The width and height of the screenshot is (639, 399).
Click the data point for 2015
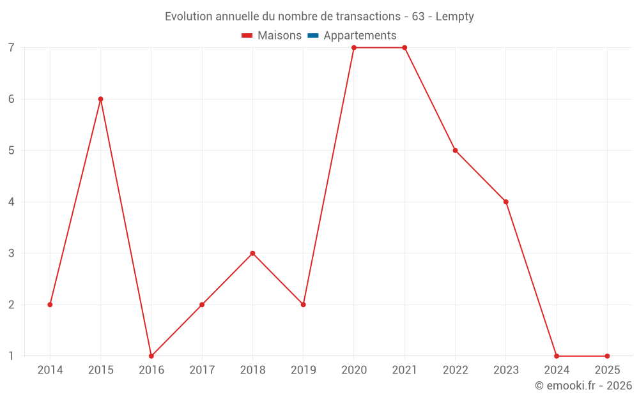click(100, 99)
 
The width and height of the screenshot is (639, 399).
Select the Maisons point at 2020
click(354, 48)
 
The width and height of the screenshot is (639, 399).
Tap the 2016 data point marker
click(151, 356)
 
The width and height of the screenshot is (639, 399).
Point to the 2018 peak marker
click(252, 253)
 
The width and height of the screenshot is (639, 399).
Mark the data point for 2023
click(506, 202)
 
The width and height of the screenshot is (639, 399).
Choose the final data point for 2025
click(607, 356)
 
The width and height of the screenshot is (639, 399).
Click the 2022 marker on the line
click(455, 151)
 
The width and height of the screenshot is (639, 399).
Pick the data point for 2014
click(50, 305)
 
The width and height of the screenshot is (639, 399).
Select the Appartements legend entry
click(360, 36)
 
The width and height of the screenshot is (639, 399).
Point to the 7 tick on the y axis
click(12, 48)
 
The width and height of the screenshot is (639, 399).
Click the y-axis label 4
click(12, 202)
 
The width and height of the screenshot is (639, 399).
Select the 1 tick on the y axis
click(12, 356)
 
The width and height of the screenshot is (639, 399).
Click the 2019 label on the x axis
click(303, 370)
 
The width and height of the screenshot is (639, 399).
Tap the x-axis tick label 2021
click(404, 370)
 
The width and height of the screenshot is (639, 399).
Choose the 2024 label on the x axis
click(557, 370)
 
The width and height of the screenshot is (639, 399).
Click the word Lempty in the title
click(454, 17)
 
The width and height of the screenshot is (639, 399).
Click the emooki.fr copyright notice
click(583, 386)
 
